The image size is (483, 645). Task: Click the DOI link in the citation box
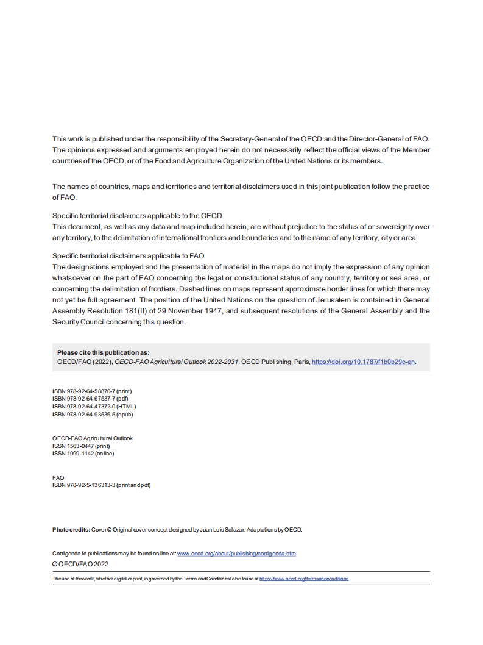364,362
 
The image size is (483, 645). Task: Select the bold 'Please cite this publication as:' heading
103,352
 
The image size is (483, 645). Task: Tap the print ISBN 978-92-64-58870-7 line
92,391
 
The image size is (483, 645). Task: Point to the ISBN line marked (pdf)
90,399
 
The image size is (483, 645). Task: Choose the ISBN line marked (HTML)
94,407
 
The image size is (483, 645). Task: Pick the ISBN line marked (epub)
93,415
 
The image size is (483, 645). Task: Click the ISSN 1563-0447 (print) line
81,446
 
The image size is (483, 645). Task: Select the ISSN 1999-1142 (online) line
83,454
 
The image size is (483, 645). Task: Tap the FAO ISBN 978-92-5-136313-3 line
101,485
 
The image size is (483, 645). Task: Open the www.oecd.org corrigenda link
236,554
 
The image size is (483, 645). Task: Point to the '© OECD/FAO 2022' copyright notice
80,565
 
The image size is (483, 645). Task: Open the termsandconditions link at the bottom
304,579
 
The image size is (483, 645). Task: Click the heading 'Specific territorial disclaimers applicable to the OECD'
137,216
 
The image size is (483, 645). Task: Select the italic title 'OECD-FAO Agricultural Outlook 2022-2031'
177,362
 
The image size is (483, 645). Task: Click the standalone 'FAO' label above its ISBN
58,477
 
